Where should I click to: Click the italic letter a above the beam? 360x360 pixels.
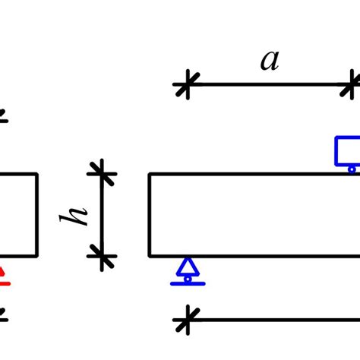270,60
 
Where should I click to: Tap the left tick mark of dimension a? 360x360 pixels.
184,84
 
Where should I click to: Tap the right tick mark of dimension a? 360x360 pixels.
352,84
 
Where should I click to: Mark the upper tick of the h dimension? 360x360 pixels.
103,174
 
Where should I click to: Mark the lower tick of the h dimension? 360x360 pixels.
103,256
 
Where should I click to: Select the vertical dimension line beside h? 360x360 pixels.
103,215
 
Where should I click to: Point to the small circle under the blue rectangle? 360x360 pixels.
352,169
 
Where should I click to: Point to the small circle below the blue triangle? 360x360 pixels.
188,279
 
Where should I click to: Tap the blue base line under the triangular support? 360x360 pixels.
188,284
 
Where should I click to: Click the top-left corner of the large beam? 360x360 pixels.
150,175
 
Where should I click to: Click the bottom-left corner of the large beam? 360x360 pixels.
150,256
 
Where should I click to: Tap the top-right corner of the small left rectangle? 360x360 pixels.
37,175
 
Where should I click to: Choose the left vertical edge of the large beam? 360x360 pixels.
150,215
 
